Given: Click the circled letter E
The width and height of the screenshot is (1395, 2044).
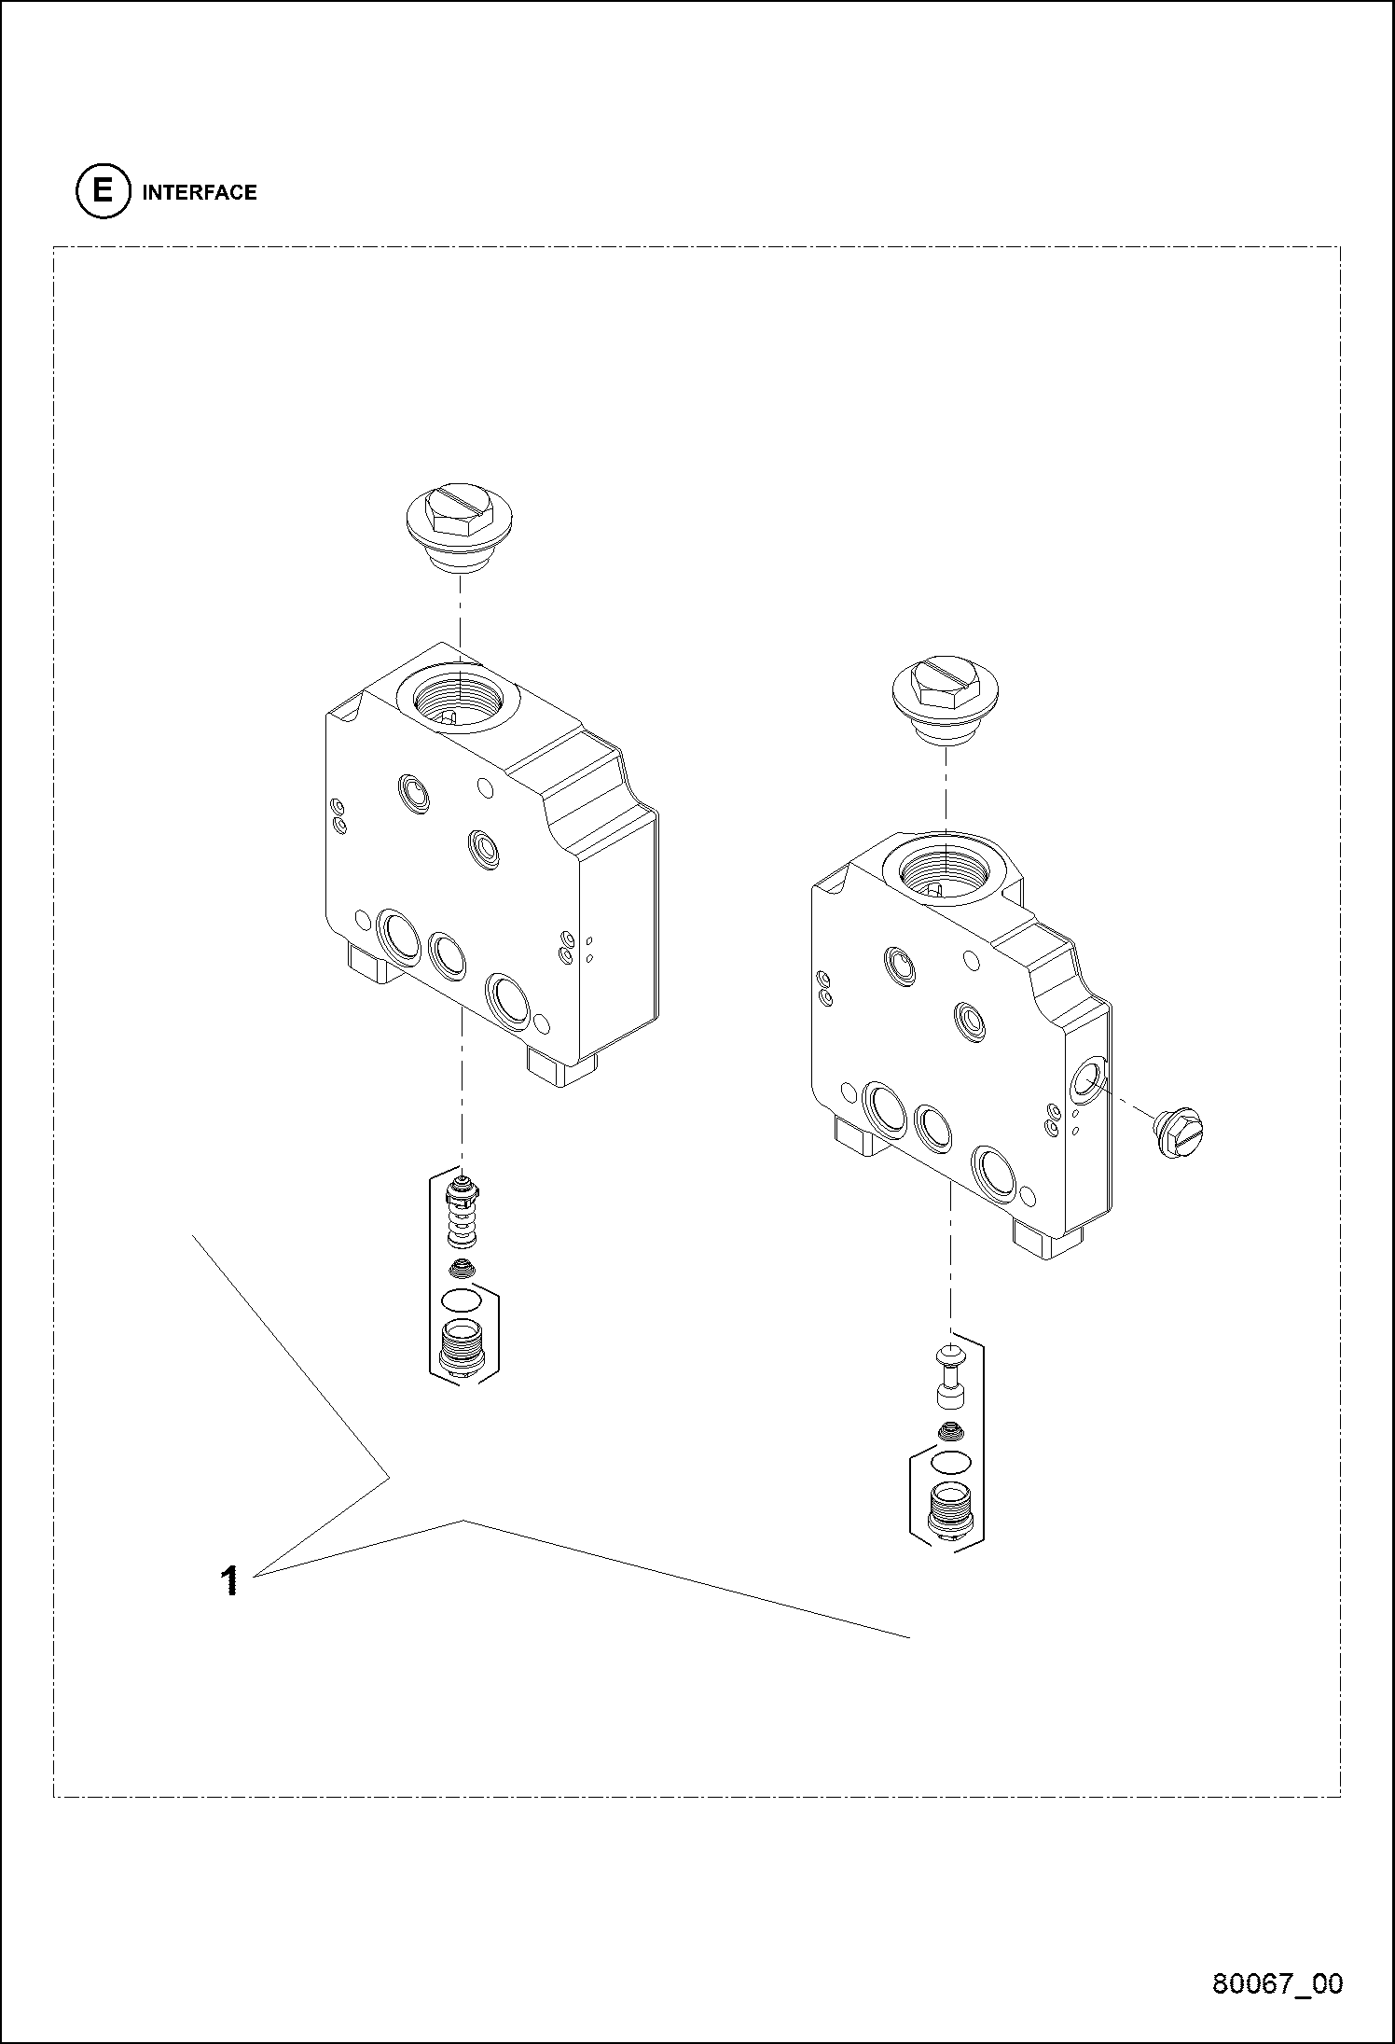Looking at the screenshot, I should coord(101,192).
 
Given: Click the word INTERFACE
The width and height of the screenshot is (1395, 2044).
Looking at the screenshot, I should coord(200,193).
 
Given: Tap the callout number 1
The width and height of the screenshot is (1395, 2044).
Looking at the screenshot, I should coord(229,1580).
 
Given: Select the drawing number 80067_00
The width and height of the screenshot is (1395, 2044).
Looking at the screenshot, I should coord(1278,1981).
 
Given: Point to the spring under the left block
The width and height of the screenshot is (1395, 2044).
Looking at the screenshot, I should coord(462,1217).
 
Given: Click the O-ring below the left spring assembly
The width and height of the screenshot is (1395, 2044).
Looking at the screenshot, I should coord(461,1300).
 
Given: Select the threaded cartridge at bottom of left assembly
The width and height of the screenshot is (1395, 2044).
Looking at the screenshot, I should coord(461,1348).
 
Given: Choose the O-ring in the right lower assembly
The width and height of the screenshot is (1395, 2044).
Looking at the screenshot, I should coord(950,1461).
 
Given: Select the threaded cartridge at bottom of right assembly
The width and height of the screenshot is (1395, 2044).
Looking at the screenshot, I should coord(950,1508).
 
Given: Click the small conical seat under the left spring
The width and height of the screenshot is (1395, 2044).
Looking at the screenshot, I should coord(462,1268).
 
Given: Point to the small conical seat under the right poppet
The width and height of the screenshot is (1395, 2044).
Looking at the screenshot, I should coord(950,1430).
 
